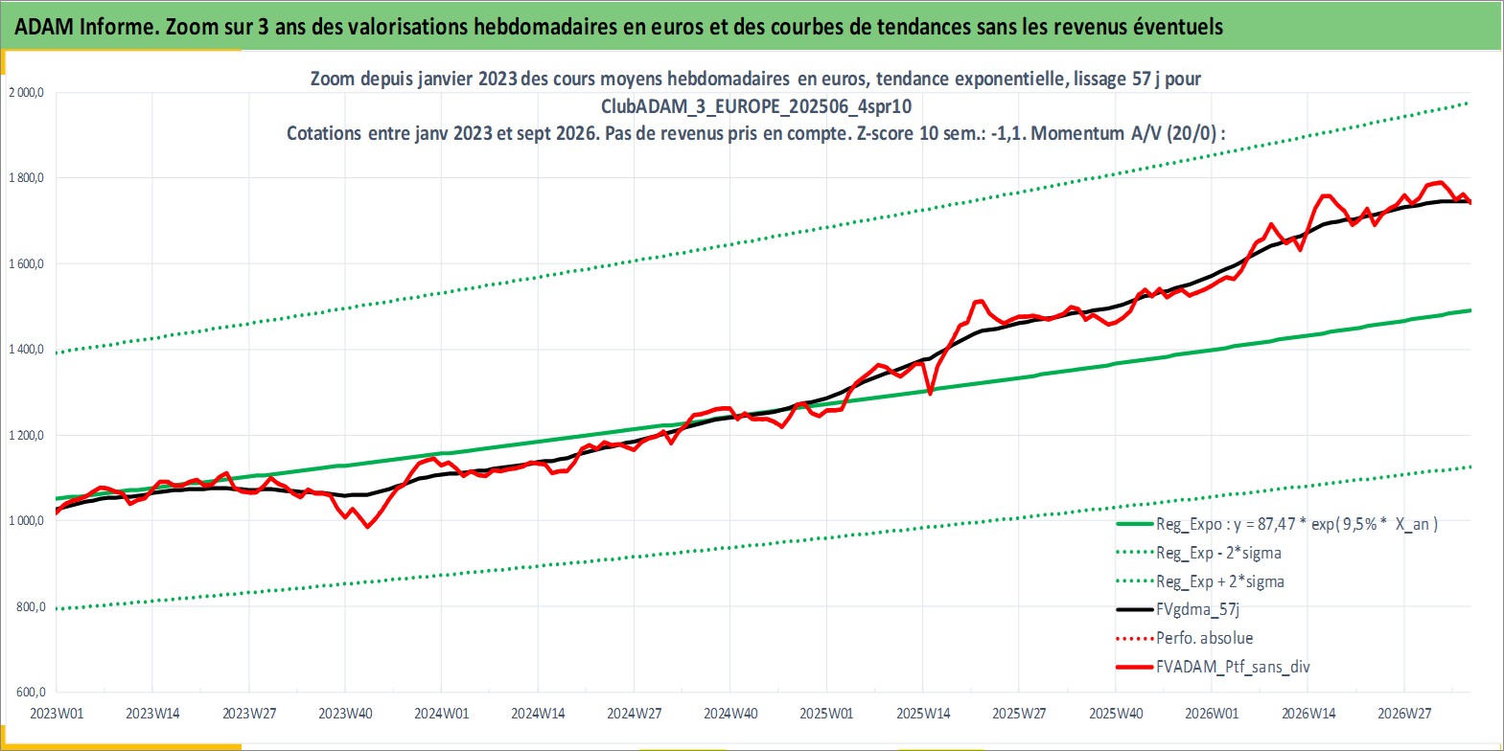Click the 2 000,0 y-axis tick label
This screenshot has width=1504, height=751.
point(26,93)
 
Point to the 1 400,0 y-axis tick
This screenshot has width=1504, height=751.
point(26,349)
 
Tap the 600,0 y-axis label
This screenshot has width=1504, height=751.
point(31,692)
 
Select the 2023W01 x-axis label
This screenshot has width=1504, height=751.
point(57,714)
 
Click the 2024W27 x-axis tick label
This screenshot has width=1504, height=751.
point(634,714)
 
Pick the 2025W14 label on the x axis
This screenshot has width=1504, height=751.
point(923,714)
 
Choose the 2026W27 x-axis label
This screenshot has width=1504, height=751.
point(1404,714)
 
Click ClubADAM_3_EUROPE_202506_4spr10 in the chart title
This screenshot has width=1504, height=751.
point(756,106)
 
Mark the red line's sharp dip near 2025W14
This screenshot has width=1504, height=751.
point(930,394)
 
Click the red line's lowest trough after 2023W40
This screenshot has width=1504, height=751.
point(366,526)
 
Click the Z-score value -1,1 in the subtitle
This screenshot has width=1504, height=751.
point(1007,133)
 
